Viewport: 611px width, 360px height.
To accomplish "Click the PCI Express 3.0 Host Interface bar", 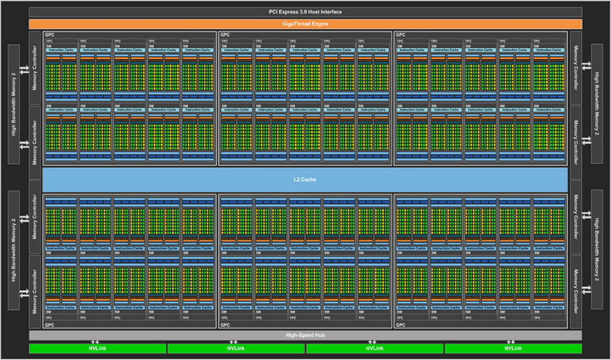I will point(305,12).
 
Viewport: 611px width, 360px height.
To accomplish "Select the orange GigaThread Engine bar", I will point(305,24).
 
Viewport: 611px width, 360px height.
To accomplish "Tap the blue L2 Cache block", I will point(305,178).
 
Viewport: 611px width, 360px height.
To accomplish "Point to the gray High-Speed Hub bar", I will point(305,334).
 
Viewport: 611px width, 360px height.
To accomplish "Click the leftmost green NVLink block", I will point(97,348).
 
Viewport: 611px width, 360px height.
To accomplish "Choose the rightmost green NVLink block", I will point(512,348).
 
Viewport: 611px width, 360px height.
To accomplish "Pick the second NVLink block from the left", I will point(235,348).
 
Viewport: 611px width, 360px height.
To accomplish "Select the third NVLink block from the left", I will point(374,348).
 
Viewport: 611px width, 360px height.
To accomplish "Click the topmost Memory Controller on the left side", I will point(35,68).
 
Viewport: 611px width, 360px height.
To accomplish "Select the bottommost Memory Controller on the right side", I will point(575,288).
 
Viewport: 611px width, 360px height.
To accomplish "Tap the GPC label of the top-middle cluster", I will point(224,35).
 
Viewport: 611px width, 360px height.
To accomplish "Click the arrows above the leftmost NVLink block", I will point(97,340).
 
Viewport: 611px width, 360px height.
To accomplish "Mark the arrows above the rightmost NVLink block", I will point(512,340).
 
